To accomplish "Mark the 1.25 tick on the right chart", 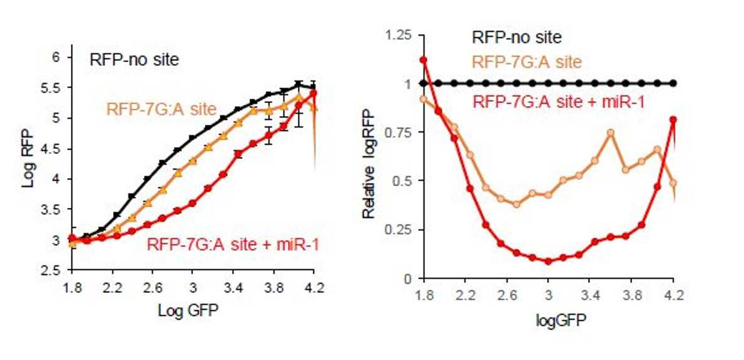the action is (401, 35).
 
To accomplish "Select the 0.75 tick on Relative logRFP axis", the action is (401, 132).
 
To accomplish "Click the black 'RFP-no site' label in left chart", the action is (134, 60).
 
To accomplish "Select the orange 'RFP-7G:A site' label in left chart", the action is (161, 109).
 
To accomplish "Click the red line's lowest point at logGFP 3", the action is (549, 261).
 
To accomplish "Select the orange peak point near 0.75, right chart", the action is (611, 133).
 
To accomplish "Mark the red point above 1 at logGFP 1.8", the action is (424, 60).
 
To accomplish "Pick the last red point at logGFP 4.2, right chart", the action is (673, 119).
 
